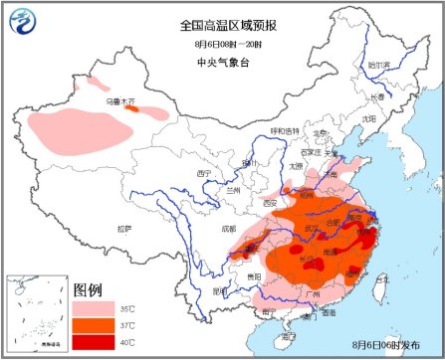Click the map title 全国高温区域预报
coord(223,25)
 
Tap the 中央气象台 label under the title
coord(223,62)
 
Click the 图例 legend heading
coord(88,290)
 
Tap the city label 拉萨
coord(123,228)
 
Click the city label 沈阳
coord(369,118)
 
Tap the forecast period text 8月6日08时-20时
coord(223,45)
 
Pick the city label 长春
coord(376,96)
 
